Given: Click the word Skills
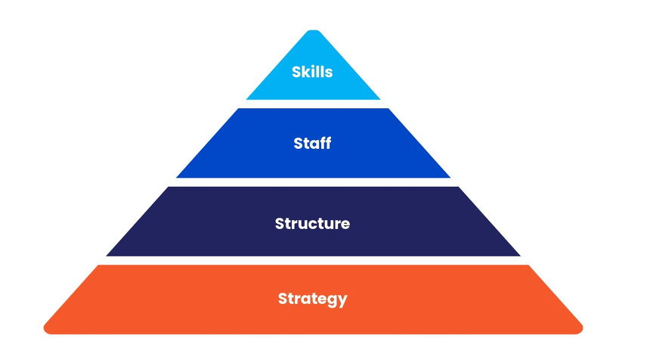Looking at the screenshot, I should tap(312, 73).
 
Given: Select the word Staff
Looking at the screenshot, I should tap(312, 143).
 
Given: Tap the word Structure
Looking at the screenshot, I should tap(312, 224).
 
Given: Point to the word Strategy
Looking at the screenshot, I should tap(312, 298).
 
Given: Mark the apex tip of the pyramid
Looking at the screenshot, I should tap(313, 32).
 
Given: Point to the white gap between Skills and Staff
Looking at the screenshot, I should tap(313, 104).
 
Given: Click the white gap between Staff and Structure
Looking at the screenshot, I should tap(313, 182).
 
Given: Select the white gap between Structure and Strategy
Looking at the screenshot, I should tap(313, 261).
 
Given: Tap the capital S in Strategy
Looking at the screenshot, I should tap(283, 298).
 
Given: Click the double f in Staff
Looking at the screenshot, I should tap(326, 143).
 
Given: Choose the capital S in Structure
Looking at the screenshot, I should tap(280, 224).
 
